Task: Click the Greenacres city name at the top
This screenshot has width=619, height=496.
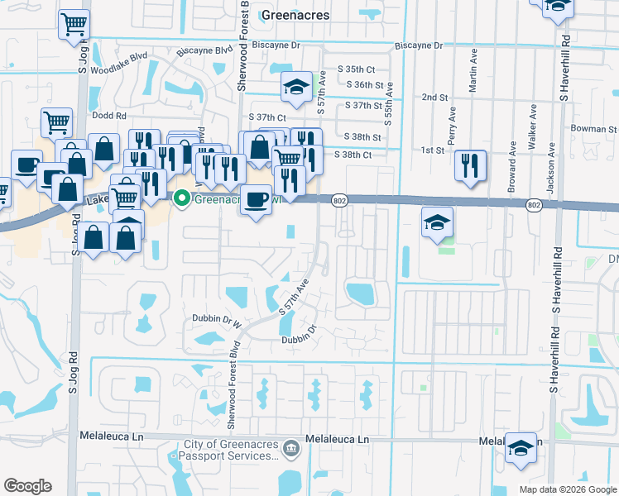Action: (x=295, y=15)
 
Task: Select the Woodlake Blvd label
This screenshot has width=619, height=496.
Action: (x=122, y=59)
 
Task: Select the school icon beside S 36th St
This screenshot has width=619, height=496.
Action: (x=296, y=87)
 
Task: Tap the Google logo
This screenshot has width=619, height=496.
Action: (x=27, y=486)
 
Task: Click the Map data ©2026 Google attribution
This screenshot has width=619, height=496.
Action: (x=568, y=489)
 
